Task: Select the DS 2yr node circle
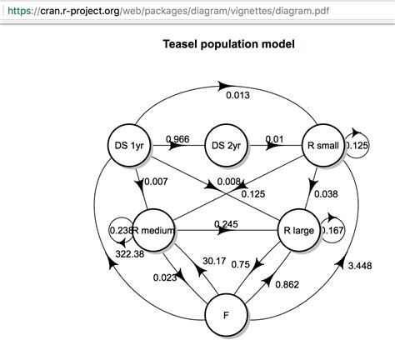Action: pos(227,145)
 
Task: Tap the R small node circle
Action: pos(322,145)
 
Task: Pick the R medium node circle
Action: pos(150,230)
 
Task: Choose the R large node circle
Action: pos(298,231)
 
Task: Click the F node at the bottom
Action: pos(227,316)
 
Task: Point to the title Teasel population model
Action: pos(227,42)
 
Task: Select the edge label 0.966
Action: pos(179,137)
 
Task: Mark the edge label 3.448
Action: pos(360,264)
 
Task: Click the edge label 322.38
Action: pos(117,252)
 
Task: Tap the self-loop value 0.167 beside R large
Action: pos(332,232)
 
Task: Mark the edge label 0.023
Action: pos(163,278)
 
